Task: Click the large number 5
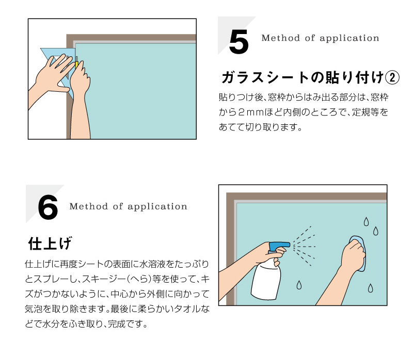point(239,42)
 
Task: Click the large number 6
point(47,208)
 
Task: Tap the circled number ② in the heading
point(392,78)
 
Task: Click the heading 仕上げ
point(50,243)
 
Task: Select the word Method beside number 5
point(280,38)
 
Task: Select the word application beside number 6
point(157,207)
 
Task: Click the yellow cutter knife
point(76,63)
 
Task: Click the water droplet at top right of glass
point(366,222)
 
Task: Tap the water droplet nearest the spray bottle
point(299,285)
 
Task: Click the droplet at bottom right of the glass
point(370,288)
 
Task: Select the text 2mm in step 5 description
point(251,112)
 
